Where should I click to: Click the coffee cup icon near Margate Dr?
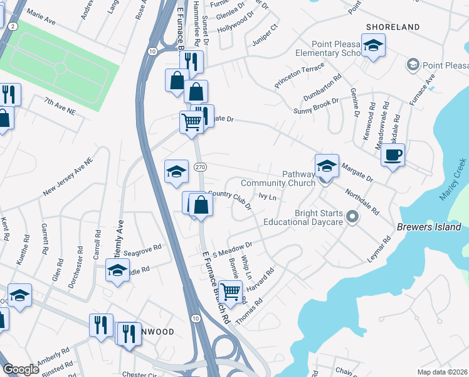(393, 155)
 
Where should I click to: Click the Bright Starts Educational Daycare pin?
(352, 217)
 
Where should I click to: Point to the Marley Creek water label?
(452, 183)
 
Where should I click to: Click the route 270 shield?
(200, 167)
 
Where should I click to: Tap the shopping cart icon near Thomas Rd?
(231, 291)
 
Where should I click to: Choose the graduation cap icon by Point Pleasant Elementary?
(373, 45)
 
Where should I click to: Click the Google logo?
(21, 369)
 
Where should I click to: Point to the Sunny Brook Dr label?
(317, 106)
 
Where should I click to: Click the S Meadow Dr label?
(232, 249)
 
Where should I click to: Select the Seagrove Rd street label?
(142, 249)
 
